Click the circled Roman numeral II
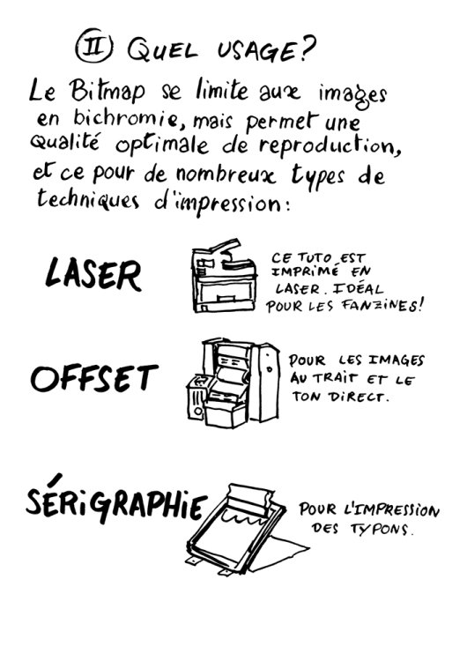click(93, 46)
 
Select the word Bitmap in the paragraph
click(107, 90)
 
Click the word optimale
click(162, 145)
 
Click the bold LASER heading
click(93, 273)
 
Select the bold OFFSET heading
click(94, 378)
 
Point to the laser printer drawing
click(224, 276)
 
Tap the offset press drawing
click(233, 382)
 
